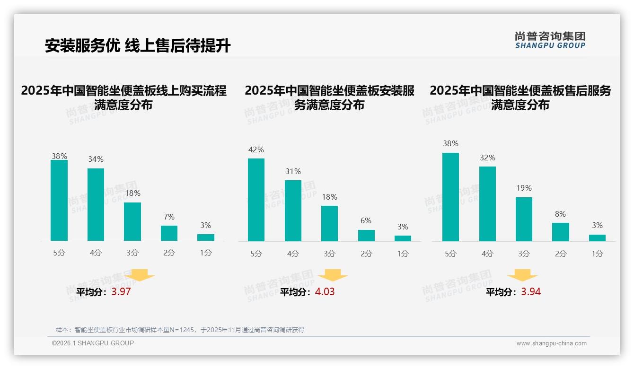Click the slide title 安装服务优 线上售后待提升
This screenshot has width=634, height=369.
pos(138,46)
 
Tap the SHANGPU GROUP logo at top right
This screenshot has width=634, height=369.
pos(550,40)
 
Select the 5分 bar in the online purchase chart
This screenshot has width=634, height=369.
pos(59,201)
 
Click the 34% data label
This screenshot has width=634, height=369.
pos(96,159)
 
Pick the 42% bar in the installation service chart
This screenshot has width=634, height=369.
pos(256,200)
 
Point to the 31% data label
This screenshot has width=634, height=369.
pos(293,172)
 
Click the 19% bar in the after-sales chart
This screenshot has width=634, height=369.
pos(524,219)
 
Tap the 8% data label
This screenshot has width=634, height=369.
pos(560,214)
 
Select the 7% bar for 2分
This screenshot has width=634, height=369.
pos(169,233)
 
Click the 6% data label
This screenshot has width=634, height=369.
pos(366,221)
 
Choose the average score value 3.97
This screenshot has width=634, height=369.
pos(121,291)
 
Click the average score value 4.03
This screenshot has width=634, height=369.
pos(325,291)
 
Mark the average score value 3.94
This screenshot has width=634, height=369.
pos(531,291)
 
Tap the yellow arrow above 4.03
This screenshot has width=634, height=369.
pos(333,275)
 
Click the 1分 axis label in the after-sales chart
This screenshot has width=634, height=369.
pos(597,254)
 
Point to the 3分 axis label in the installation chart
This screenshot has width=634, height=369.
pos(329,254)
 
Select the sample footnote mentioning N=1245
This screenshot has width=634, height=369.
pos(180,330)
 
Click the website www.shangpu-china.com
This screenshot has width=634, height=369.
pos(551,343)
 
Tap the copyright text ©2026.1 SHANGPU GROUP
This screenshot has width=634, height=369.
pos(93,343)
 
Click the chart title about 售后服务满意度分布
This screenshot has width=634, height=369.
pos(520,97)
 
